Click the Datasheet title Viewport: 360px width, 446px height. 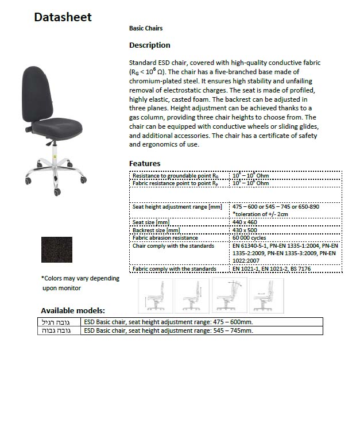coord(63,17)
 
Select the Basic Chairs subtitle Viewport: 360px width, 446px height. coord(146,28)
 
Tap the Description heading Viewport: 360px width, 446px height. coord(150,45)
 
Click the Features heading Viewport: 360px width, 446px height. coord(145,163)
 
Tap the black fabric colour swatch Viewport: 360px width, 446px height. coord(57,248)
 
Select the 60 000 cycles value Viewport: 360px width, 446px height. coord(250,237)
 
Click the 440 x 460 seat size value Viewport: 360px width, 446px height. coord(245,222)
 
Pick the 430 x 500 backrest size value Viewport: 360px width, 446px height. coord(245,230)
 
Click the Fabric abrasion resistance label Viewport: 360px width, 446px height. coord(165,237)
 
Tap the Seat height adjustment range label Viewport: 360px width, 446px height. coord(177,206)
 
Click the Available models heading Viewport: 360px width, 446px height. coord(73,310)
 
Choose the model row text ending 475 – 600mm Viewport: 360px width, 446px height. coord(168,322)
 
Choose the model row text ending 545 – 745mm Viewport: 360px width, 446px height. coord(168,330)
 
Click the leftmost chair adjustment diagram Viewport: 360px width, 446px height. coord(155,295)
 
